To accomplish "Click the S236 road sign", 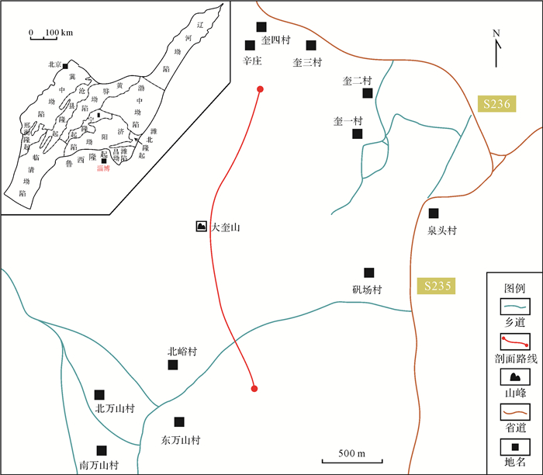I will point(496,105).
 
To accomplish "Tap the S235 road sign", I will point(434,286).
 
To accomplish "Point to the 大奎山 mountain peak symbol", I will point(202,227).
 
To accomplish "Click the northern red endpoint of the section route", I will point(260,90).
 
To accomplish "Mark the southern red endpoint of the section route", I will point(254,389).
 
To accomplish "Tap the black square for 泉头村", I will point(434,213).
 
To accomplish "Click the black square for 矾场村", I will point(369,272).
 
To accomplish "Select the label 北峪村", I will point(182,352).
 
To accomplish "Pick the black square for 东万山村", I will point(179,422).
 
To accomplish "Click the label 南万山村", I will point(99,466).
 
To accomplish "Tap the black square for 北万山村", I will point(99,395).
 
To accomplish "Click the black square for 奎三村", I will point(311,45).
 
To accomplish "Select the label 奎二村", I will point(358,80).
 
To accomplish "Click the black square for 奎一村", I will point(357,134).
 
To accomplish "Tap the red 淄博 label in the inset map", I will point(103,168).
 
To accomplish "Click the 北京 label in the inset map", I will point(54,65).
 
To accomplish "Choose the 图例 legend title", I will point(515,286).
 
